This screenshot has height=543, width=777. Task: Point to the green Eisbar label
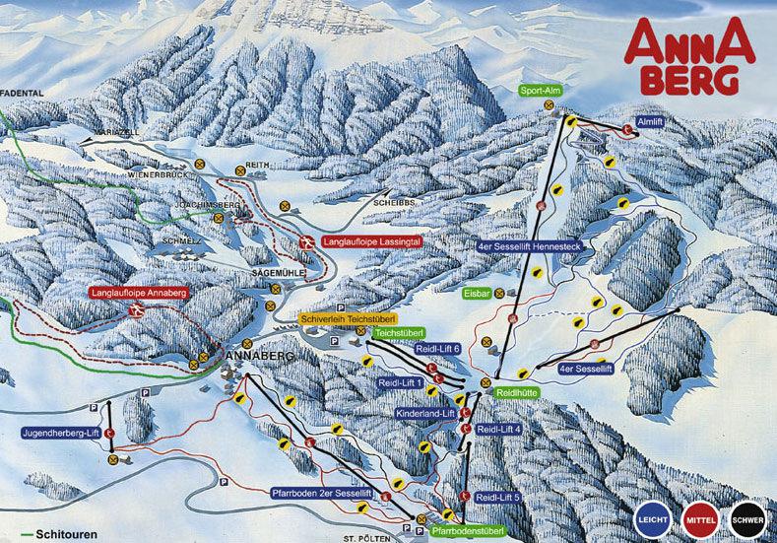(477, 293)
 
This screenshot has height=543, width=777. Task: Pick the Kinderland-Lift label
(425, 413)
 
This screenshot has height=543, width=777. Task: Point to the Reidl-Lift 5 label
(497, 497)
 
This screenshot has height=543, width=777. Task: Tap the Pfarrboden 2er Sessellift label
(321, 492)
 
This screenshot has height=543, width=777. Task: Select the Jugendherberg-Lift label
(61, 433)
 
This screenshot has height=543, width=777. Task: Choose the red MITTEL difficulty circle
(700, 519)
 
